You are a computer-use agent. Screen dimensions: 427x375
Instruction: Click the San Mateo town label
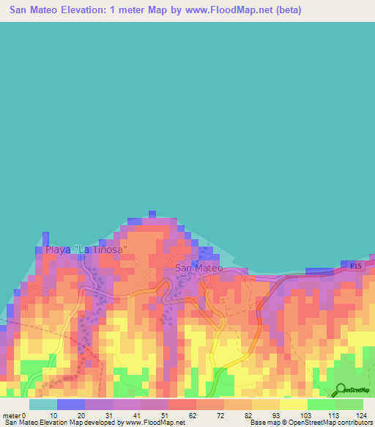198,268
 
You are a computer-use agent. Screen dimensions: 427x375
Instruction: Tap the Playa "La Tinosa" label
86,249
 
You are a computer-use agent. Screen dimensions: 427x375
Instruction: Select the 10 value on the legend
53,415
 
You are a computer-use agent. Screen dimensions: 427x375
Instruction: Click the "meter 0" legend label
15,415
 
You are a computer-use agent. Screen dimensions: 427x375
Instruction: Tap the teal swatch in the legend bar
42,404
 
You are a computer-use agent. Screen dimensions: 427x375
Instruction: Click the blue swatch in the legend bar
70,404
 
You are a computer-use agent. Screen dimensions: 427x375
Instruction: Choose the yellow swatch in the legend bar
293,404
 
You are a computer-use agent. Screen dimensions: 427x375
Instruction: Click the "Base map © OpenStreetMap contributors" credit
311,423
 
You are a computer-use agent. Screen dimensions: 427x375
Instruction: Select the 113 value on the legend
324,415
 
